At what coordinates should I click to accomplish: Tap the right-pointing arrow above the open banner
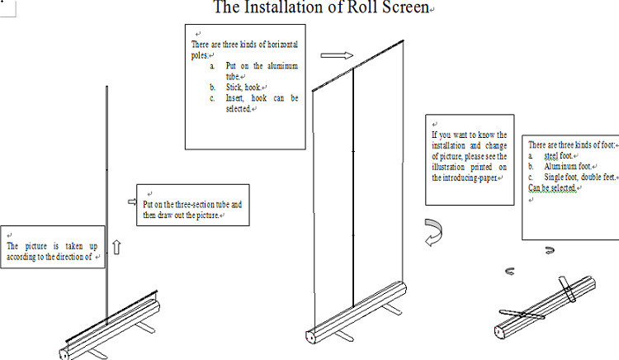pyautogui.click(x=336, y=56)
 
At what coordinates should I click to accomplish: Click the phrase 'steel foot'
pyautogui.click(x=558, y=156)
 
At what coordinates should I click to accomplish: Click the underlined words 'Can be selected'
pyautogui.click(x=550, y=188)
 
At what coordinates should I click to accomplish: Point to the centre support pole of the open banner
pyautogui.click(x=353, y=190)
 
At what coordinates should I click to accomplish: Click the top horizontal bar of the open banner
pyautogui.click(x=357, y=61)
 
